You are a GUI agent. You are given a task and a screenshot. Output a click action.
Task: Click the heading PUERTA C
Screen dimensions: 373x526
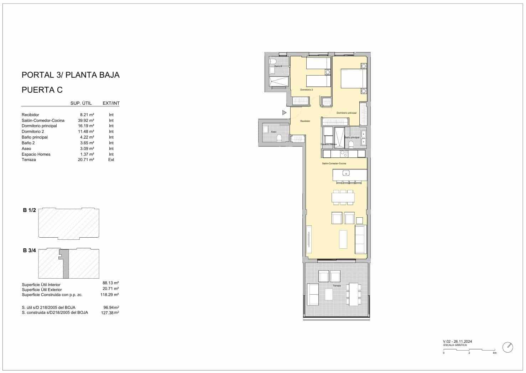[x=42, y=90]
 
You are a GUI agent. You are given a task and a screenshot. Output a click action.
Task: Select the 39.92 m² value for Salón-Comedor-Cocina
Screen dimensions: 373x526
[x=86, y=120]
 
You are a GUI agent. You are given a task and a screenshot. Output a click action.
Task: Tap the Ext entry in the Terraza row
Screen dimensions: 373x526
[x=111, y=160]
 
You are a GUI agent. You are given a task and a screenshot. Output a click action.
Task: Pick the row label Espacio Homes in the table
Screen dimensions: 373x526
[x=36, y=154]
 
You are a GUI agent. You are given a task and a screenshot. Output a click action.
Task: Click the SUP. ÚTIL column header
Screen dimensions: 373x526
[x=81, y=103]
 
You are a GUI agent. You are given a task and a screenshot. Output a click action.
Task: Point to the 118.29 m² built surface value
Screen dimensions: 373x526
[x=110, y=295]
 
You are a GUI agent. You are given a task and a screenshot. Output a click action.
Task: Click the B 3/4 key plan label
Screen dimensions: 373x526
[x=30, y=250]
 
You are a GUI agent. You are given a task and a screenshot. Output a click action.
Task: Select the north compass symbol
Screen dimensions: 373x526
[x=508, y=347]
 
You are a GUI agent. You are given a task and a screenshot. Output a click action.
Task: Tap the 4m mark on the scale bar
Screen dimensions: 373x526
[x=494, y=353]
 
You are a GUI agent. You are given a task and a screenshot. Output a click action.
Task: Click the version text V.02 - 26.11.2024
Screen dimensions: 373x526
[x=458, y=341]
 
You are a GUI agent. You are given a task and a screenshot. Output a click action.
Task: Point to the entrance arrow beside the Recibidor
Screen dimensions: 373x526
[x=284, y=113]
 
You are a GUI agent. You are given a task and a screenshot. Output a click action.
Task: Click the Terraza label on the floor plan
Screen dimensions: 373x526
[x=337, y=286]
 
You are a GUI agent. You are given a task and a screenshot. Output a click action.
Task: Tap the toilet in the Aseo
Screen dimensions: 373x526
[x=279, y=138]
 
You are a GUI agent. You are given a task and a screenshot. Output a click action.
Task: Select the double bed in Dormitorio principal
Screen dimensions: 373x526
[x=353, y=78]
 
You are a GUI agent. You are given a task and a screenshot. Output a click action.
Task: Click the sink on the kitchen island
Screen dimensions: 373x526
[x=345, y=173]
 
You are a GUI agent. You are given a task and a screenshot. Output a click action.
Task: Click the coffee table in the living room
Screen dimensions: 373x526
[x=343, y=239]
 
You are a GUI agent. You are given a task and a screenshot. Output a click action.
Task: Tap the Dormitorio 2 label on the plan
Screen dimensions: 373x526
[x=306, y=90]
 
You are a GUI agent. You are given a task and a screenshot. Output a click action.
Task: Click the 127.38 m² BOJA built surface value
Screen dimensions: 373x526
[x=110, y=313]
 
